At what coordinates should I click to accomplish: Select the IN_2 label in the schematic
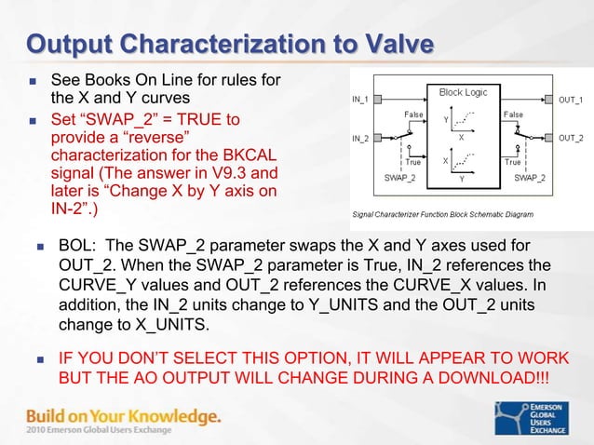point(359,139)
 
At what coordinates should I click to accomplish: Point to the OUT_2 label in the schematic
point(571,139)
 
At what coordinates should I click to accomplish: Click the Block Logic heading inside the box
point(462,92)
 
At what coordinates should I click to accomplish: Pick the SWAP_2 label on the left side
point(399,176)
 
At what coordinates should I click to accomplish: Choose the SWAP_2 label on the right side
point(531,176)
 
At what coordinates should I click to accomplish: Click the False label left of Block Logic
point(414,115)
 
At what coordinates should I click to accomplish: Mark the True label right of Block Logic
point(513,162)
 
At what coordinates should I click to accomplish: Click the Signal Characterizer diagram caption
point(442,213)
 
